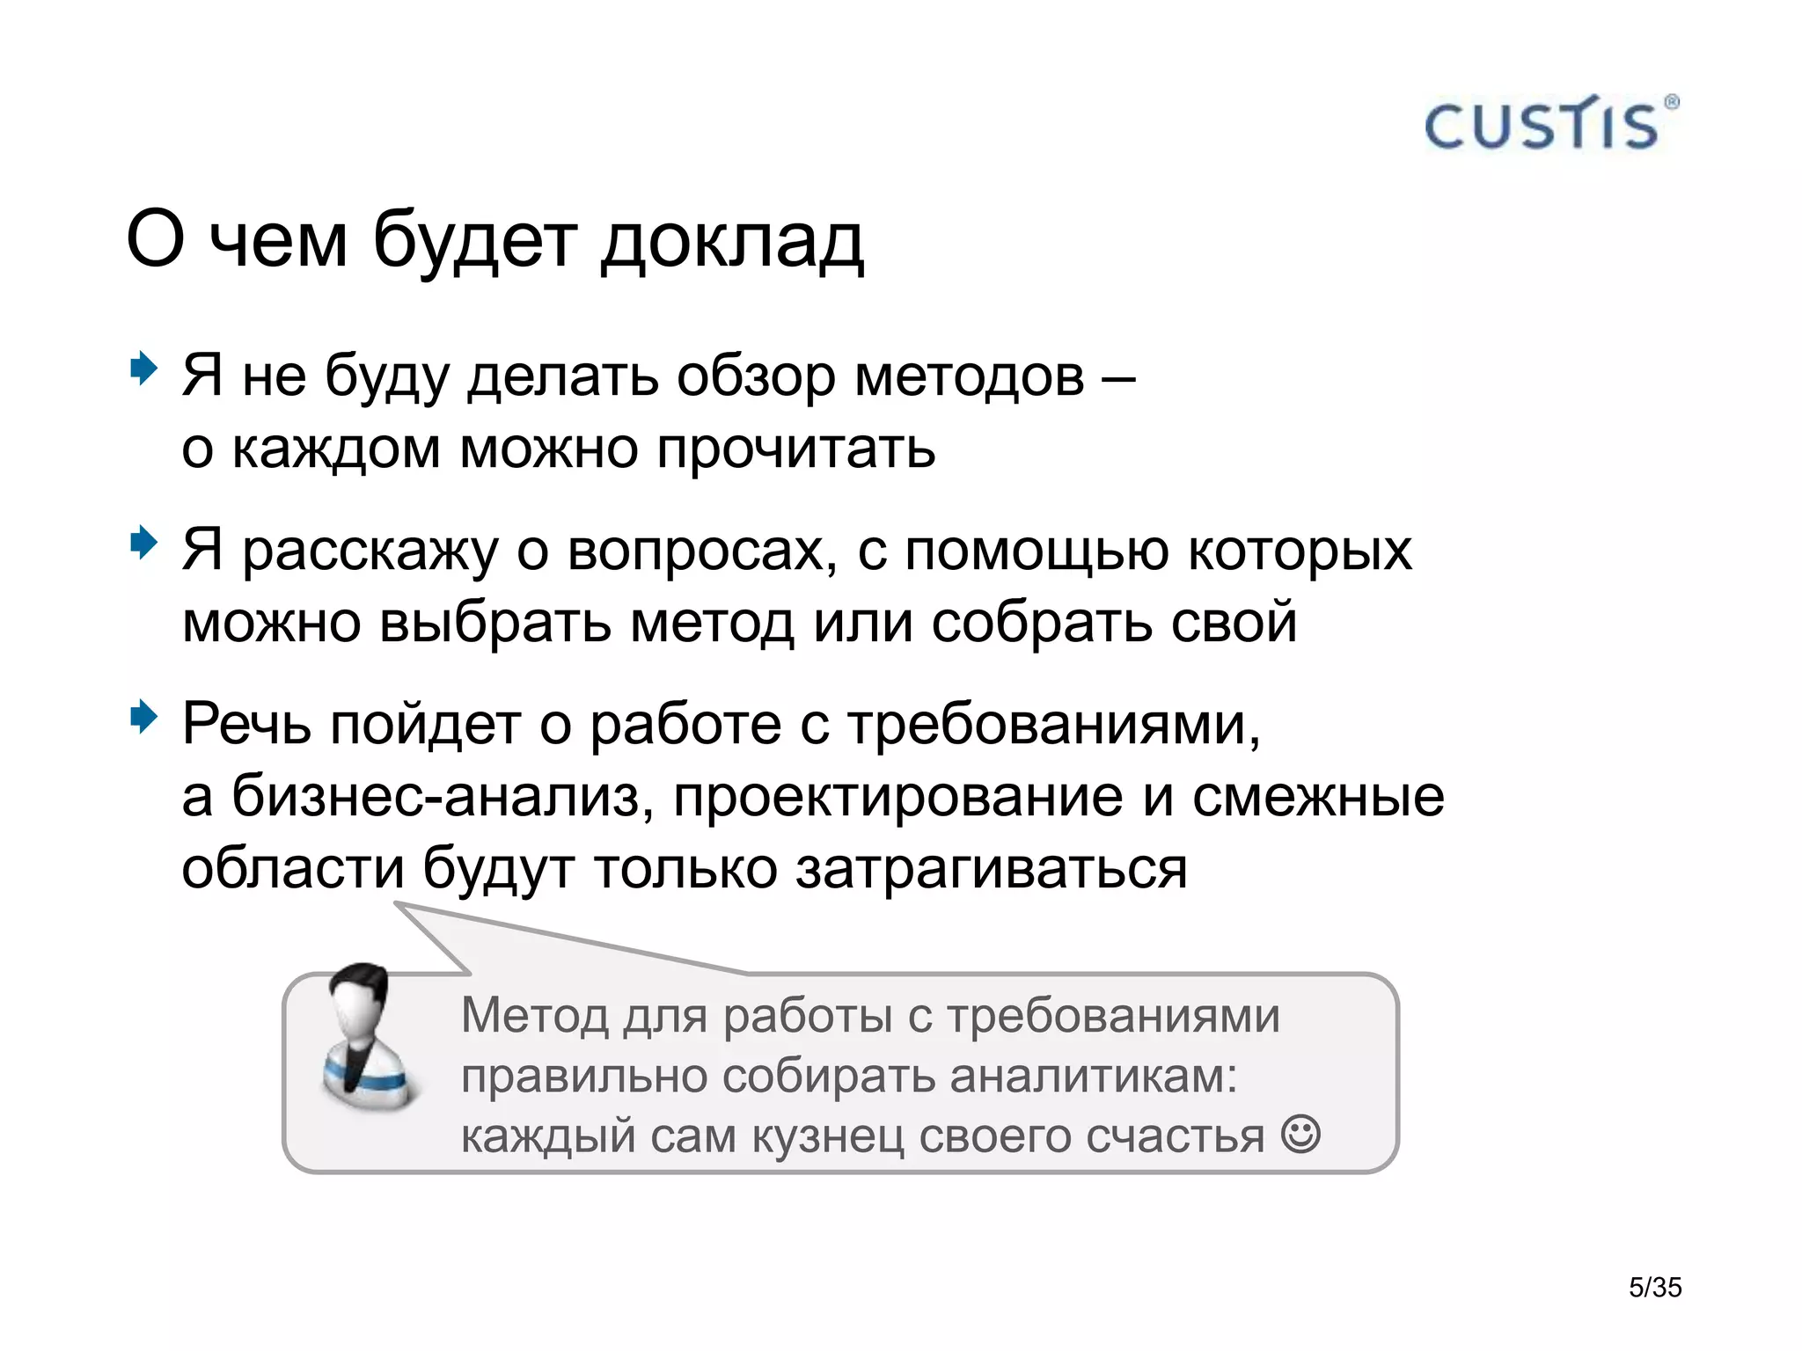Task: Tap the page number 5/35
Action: (x=1655, y=1288)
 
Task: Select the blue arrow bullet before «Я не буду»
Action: (x=143, y=368)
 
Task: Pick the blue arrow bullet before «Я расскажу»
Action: (x=143, y=543)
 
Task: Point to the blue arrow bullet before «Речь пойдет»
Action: (x=143, y=718)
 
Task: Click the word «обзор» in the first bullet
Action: (x=756, y=376)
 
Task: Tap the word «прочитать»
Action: (x=795, y=449)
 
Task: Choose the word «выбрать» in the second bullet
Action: (x=494, y=622)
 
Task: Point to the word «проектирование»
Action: (x=897, y=797)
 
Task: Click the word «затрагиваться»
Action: (x=992, y=868)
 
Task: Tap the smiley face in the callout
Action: (x=1300, y=1134)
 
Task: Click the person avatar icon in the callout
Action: (x=363, y=1039)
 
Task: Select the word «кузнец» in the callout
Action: (x=828, y=1136)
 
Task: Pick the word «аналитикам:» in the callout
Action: (x=1094, y=1075)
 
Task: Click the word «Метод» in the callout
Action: (x=534, y=1015)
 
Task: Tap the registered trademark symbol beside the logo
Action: (x=1671, y=102)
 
